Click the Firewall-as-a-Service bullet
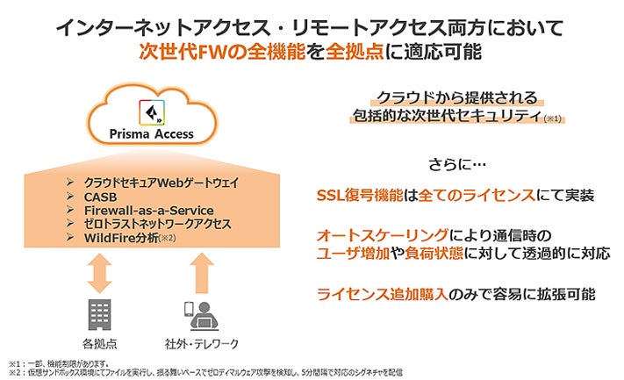[x=144, y=210]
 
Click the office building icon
[x=99, y=312]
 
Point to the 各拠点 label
[x=99, y=342]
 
